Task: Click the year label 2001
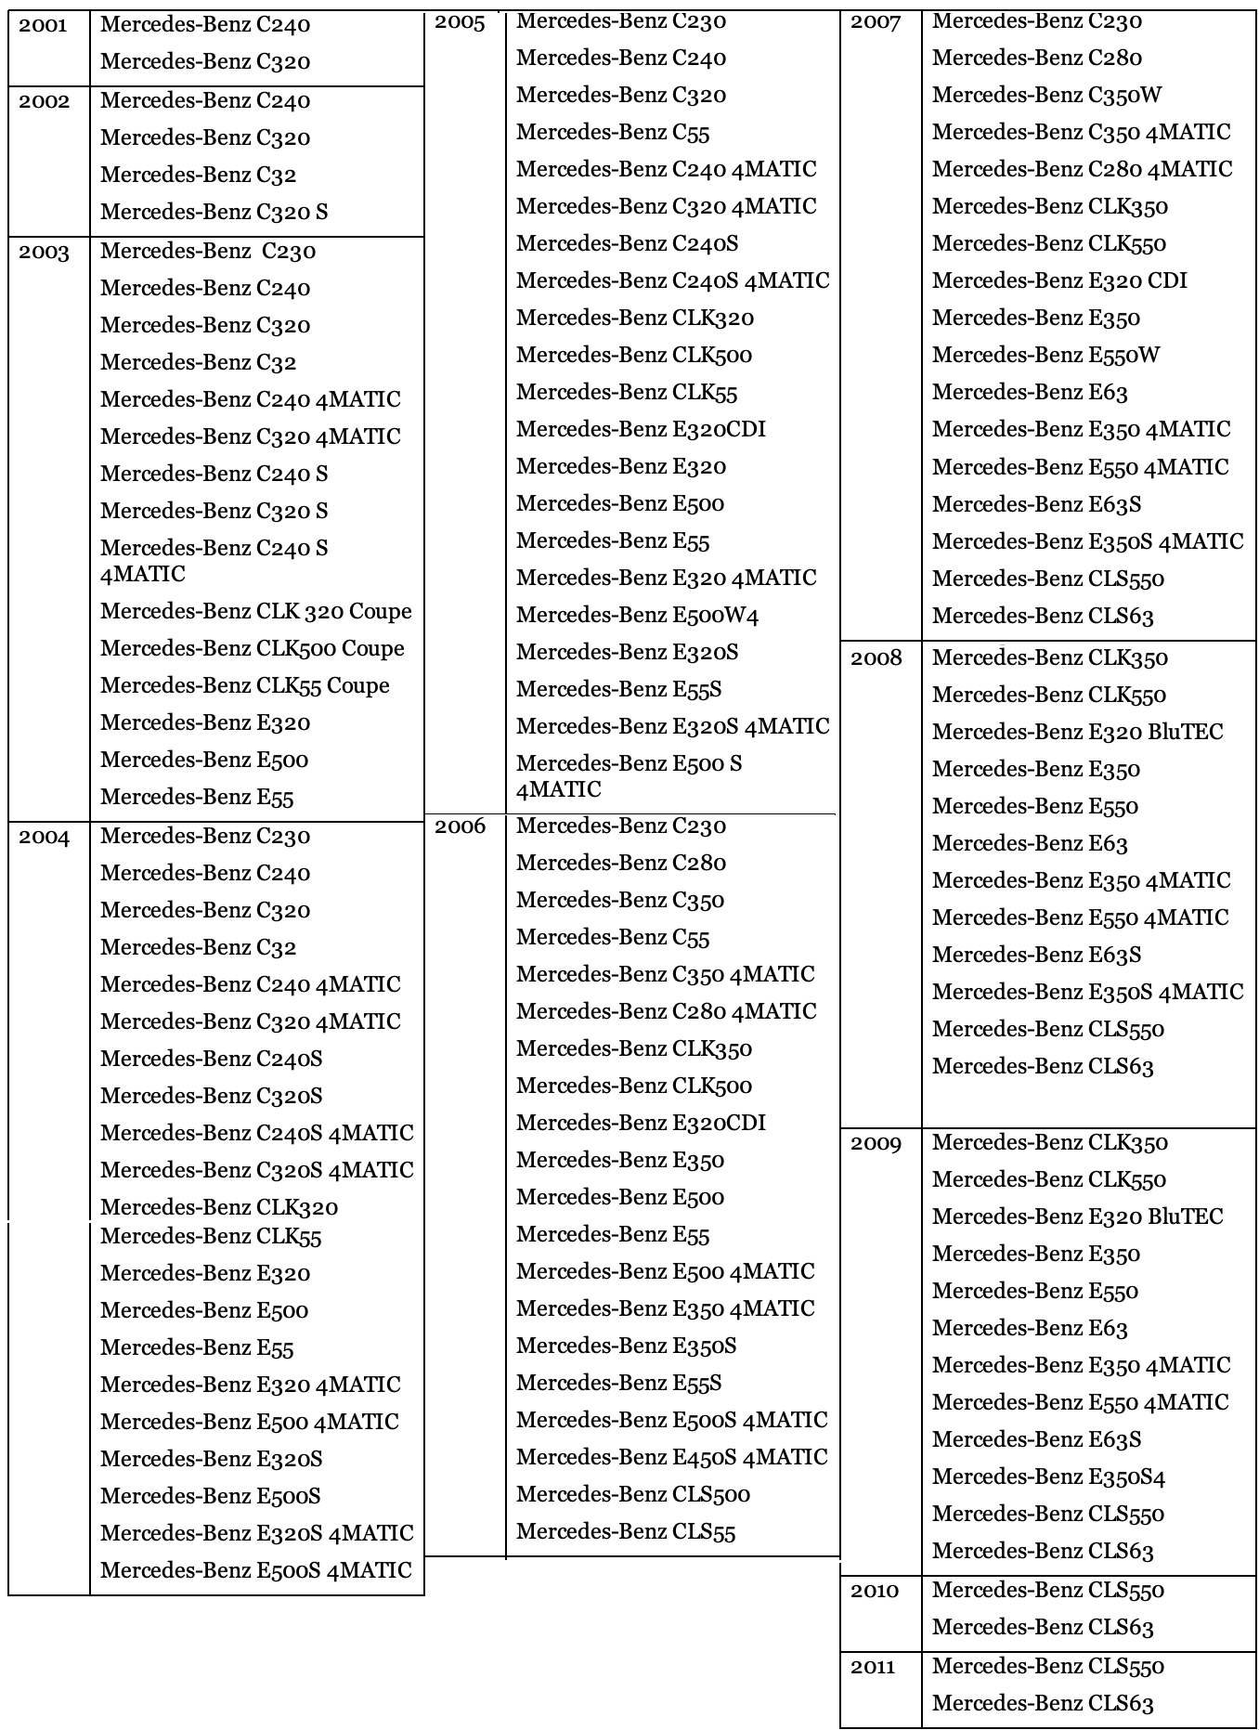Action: (x=43, y=25)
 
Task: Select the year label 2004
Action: (x=44, y=838)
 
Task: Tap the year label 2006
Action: (x=460, y=826)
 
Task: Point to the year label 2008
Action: (x=876, y=658)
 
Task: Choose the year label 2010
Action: (x=875, y=1591)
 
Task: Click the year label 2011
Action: (x=873, y=1667)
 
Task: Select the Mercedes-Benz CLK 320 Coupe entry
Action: (x=255, y=612)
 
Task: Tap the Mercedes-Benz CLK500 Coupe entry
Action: (x=252, y=649)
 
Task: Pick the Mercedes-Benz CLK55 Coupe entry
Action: (x=244, y=686)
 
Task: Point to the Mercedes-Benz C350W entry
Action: (x=1046, y=96)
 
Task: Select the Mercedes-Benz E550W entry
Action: (x=1045, y=356)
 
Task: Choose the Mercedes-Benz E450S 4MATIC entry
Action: (x=671, y=1458)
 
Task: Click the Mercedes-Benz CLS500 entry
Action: (x=632, y=1495)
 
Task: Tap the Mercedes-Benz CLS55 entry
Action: (x=625, y=1532)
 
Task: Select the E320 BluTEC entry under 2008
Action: (x=1077, y=733)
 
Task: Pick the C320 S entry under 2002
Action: (x=214, y=213)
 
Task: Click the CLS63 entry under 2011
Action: (x=1043, y=1704)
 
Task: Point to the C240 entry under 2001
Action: (x=204, y=25)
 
